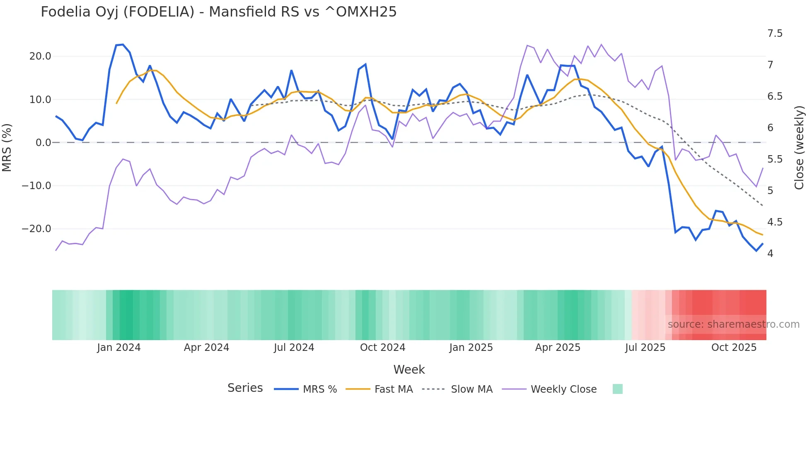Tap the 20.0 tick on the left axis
click(x=40, y=56)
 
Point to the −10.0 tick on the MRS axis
click(x=36, y=186)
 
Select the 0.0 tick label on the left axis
click(x=43, y=143)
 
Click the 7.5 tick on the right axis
click(x=775, y=34)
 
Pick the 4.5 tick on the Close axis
click(x=775, y=222)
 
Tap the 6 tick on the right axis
click(x=770, y=128)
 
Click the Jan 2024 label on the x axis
click(x=119, y=348)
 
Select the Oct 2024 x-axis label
click(x=382, y=348)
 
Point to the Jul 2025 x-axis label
click(x=645, y=348)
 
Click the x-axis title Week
click(x=409, y=370)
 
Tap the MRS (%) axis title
click(x=7, y=147)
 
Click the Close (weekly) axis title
click(x=799, y=147)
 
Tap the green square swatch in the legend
click(x=617, y=389)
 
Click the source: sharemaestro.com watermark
click(x=733, y=324)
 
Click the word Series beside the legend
click(x=245, y=388)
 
